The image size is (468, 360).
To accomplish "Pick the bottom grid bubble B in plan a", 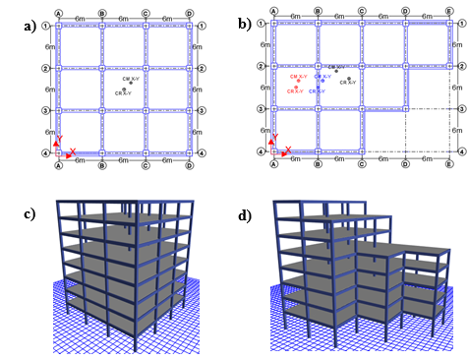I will [101, 165].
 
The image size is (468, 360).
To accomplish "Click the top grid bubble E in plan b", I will [448, 12].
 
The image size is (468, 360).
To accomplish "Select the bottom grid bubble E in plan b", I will [448, 163].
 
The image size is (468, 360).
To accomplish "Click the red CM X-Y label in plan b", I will [298, 76].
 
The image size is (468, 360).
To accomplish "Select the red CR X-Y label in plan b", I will [296, 90].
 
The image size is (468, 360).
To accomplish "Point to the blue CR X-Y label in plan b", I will [318, 90].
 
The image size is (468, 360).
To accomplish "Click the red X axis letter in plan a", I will [72, 150].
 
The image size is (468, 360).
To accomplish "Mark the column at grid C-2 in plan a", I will [146, 68].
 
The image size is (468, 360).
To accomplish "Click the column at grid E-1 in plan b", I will [448, 25].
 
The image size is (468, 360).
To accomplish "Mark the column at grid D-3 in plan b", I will [405, 108].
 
